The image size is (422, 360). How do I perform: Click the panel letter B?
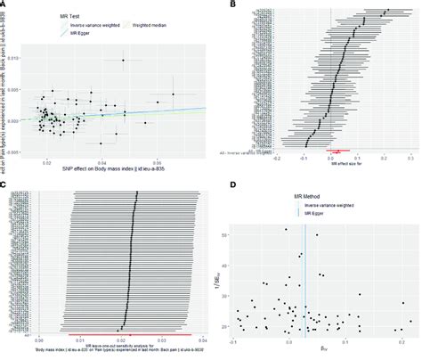(233, 5)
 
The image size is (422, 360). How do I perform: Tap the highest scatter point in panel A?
(125, 60)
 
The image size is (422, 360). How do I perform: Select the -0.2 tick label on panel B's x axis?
(278, 158)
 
